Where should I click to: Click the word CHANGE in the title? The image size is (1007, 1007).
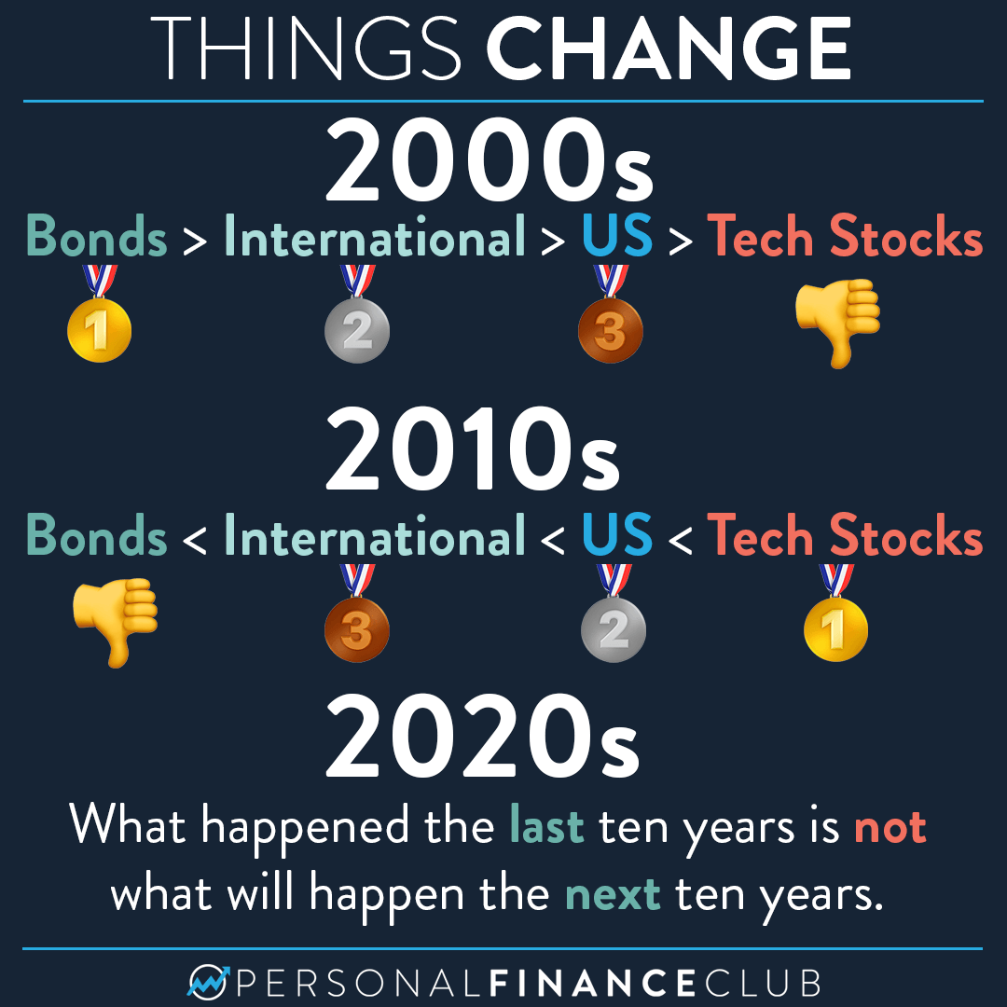tap(669, 49)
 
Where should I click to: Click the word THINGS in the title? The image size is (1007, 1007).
tap(306, 49)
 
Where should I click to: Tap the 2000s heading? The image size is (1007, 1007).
tap(490, 160)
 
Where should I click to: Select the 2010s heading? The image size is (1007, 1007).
tap(474, 448)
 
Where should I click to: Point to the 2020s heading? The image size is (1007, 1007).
tap(483, 736)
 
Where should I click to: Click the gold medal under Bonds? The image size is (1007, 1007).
tap(100, 315)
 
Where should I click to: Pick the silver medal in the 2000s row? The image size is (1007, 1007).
tap(357, 315)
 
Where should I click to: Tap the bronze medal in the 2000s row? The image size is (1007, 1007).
tap(611, 315)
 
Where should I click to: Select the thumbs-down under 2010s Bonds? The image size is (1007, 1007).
tap(116, 622)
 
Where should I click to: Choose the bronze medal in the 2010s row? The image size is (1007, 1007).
tap(357, 614)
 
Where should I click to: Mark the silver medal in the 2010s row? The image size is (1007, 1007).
tap(614, 614)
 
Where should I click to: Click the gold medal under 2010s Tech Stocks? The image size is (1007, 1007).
tap(836, 614)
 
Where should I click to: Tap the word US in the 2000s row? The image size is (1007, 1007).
tap(617, 236)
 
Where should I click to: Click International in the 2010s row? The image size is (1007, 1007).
tap(375, 535)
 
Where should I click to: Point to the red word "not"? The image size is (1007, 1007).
tap(890, 826)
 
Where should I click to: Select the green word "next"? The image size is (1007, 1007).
tap(613, 894)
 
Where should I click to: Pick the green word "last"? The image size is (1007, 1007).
tap(546, 824)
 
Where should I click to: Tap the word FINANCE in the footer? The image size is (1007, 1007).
tap(592, 984)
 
